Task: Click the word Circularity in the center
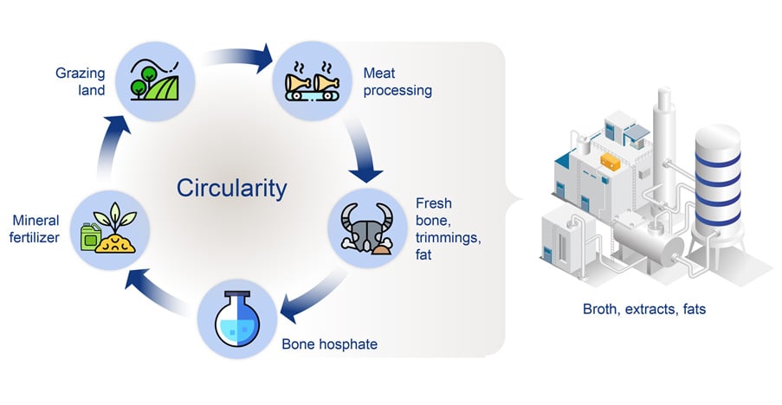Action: coord(231,188)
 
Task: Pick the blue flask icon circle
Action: coord(237,314)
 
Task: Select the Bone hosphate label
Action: coord(329,344)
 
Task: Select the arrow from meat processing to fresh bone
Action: coord(362,147)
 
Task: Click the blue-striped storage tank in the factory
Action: coord(718,182)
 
